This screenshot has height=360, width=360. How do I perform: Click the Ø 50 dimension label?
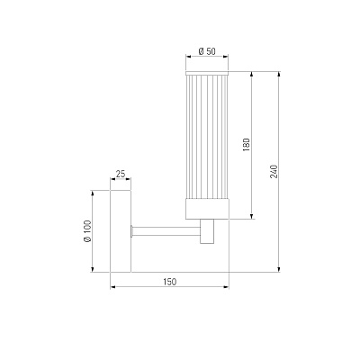point(207,51)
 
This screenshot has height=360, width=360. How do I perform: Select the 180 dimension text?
point(247,145)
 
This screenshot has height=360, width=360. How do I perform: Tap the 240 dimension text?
point(274,171)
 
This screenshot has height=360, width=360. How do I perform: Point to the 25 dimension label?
point(121,174)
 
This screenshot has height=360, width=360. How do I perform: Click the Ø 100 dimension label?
point(87,231)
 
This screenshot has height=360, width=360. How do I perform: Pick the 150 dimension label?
point(170,282)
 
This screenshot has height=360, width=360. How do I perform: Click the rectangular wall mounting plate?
point(121,231)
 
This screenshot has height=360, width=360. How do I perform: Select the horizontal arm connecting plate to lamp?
point(166,231)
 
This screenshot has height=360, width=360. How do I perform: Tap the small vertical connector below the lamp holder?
point(207,231)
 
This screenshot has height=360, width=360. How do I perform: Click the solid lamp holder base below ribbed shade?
point(207,209)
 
